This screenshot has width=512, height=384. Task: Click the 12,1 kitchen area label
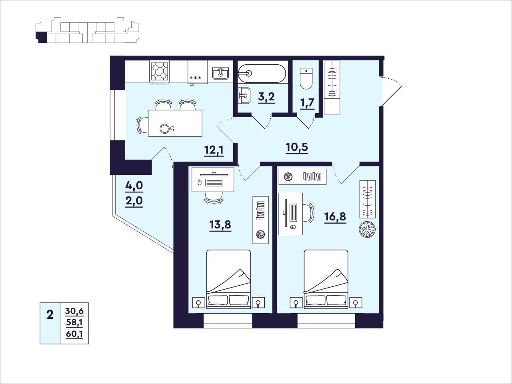[214, 150]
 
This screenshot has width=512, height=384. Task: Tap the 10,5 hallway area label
[297, 147]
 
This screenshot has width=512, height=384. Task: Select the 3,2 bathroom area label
[266, 97]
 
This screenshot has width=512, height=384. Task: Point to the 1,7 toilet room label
[308, 104]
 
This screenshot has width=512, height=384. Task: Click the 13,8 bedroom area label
[220, 225]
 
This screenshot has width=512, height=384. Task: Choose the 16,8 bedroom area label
[335, 217]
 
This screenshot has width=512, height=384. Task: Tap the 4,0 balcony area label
[134, 186]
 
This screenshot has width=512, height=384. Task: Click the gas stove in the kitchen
[160, 72]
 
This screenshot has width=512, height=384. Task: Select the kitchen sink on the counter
[220, 74]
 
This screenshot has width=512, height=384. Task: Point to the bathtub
[262, 74]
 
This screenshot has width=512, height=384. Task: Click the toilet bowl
[306, 79]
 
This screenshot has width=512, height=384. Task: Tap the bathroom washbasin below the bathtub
[244, 96]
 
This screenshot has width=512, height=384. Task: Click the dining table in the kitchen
[175, 123]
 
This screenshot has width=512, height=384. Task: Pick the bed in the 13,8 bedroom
[228, 279]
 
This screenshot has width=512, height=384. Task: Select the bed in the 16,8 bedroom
[326, 279]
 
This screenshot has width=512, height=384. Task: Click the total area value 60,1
[74, 335]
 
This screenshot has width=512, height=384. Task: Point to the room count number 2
[50, 315]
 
